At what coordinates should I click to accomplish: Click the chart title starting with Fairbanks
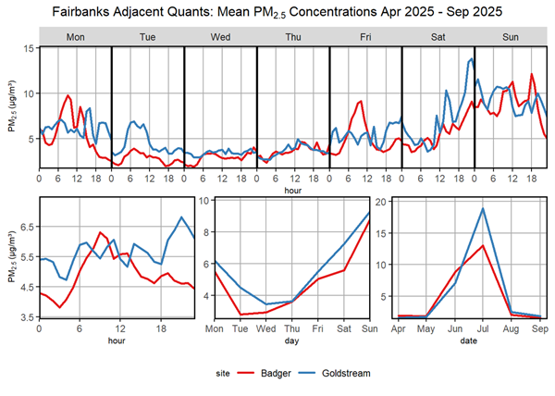coord(277,12)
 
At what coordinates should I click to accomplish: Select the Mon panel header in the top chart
coord(75,36)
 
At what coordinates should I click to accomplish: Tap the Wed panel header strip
coord(220,36)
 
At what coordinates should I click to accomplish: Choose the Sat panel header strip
coord(438,36)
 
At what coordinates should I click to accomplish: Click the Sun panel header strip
coord(510,36)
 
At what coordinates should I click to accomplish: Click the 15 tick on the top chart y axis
coord(29,48)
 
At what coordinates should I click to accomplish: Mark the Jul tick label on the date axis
coord(484,329)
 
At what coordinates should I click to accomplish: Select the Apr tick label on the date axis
coord(401,329)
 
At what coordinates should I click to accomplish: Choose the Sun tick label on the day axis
coord(369,329)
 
